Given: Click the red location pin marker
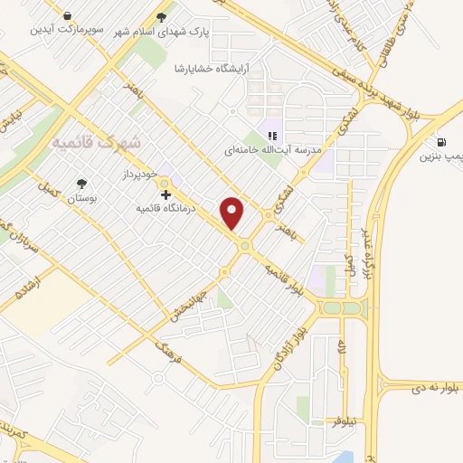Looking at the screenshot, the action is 233,213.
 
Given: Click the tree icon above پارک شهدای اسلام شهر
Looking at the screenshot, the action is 163,15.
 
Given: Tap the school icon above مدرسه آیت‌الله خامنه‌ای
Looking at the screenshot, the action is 271,125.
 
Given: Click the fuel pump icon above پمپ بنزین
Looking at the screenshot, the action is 440,142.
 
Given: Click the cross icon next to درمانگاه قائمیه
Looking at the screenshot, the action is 165,194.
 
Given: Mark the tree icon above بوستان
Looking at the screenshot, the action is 81,181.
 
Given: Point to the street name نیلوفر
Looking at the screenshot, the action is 346,420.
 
